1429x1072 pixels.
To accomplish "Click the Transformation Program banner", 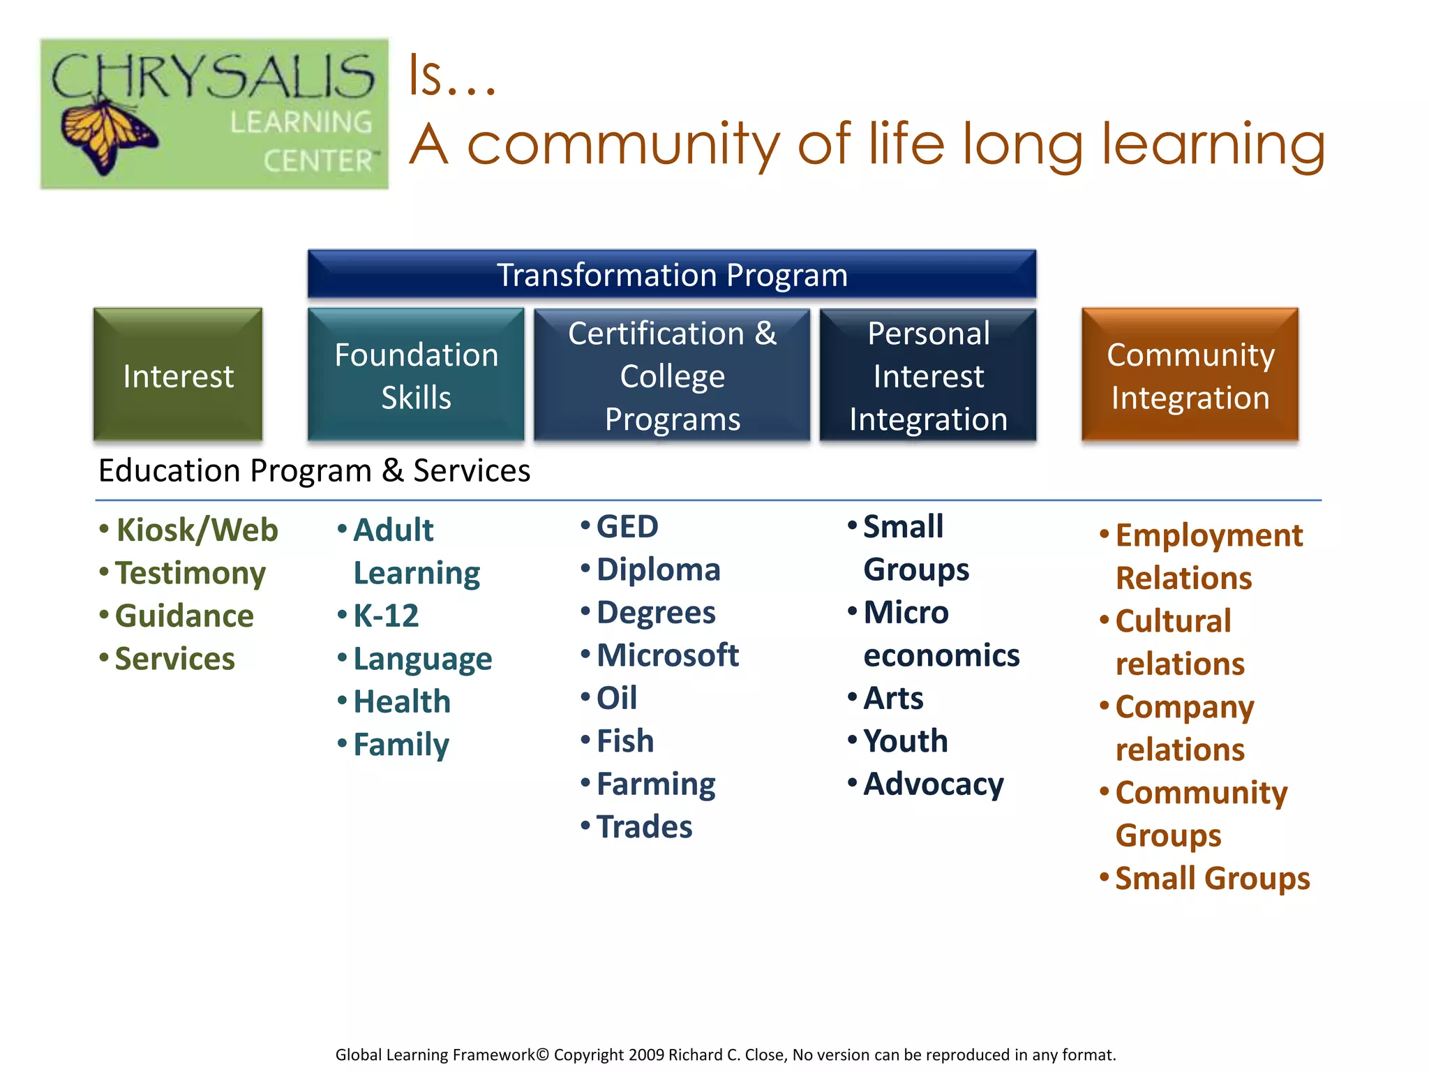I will tap(671, 275).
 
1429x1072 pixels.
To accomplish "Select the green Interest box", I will tap(178, 375).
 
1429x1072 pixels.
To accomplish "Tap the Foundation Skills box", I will tap(416, 375).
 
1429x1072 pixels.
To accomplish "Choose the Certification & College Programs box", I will tap(671, 375).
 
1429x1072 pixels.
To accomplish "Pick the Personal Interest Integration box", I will tap(928, 375).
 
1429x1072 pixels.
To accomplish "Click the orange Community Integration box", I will tap(1190, 375).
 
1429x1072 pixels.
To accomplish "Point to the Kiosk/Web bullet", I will tap(197, 530).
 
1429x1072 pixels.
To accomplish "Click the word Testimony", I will tap(190, 574).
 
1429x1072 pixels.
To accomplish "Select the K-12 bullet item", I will tap(385, 616).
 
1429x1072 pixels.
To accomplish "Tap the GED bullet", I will tap(627, 527).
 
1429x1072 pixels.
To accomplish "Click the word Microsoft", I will tap(667, 655).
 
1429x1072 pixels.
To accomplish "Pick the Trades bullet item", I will tap(643, 827).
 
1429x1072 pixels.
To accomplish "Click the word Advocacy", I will tap(933, 784).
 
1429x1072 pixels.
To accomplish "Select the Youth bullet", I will tap(905, 741).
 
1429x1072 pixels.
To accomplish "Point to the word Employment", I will tap(1209, 536).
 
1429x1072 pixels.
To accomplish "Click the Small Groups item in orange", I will tap(1212, 879).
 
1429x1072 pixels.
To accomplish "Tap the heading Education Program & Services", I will tap(314, 470).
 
